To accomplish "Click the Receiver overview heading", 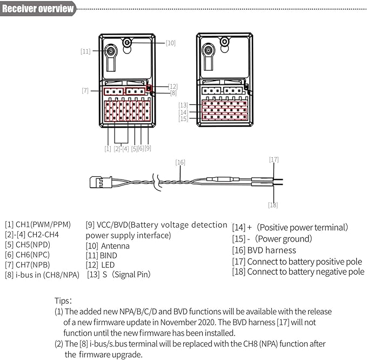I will (x=38, y=9).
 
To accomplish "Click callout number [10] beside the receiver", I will (x=170, y=43).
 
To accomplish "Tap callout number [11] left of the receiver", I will (x=85, y=51).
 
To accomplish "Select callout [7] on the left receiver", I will (x=85, y=90).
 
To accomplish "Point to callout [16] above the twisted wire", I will (x=180, y=162).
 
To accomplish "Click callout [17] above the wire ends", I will (x=274, y=159).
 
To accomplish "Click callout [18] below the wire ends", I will (x=273, y=204).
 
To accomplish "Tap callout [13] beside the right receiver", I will (x=183, y=104).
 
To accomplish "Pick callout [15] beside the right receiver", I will (x=183, y=118).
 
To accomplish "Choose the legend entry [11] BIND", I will (x=102, y=255).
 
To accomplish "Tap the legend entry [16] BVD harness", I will (x=264, y=250).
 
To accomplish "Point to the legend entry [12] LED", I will (x=100, y=265).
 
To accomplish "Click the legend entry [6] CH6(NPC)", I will (x=28, y=254).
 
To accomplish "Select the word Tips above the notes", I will (x=63, y=300).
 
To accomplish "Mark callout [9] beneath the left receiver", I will (x=148, y=148).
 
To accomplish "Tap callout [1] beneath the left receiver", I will (x=108, y=148).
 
